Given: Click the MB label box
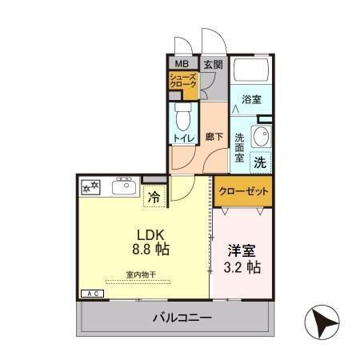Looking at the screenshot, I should pos(182,64).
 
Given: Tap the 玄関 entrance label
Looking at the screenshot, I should pos(211,64).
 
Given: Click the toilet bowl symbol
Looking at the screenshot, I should pos(182,118).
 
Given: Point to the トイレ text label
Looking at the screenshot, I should pos(182,138).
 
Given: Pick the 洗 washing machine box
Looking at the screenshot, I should pos(260,161).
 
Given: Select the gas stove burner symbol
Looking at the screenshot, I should pos(90,187).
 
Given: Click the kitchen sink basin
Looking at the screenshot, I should pos(124,187).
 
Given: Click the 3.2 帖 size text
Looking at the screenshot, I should pos(242,266).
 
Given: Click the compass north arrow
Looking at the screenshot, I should pos(324,324).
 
